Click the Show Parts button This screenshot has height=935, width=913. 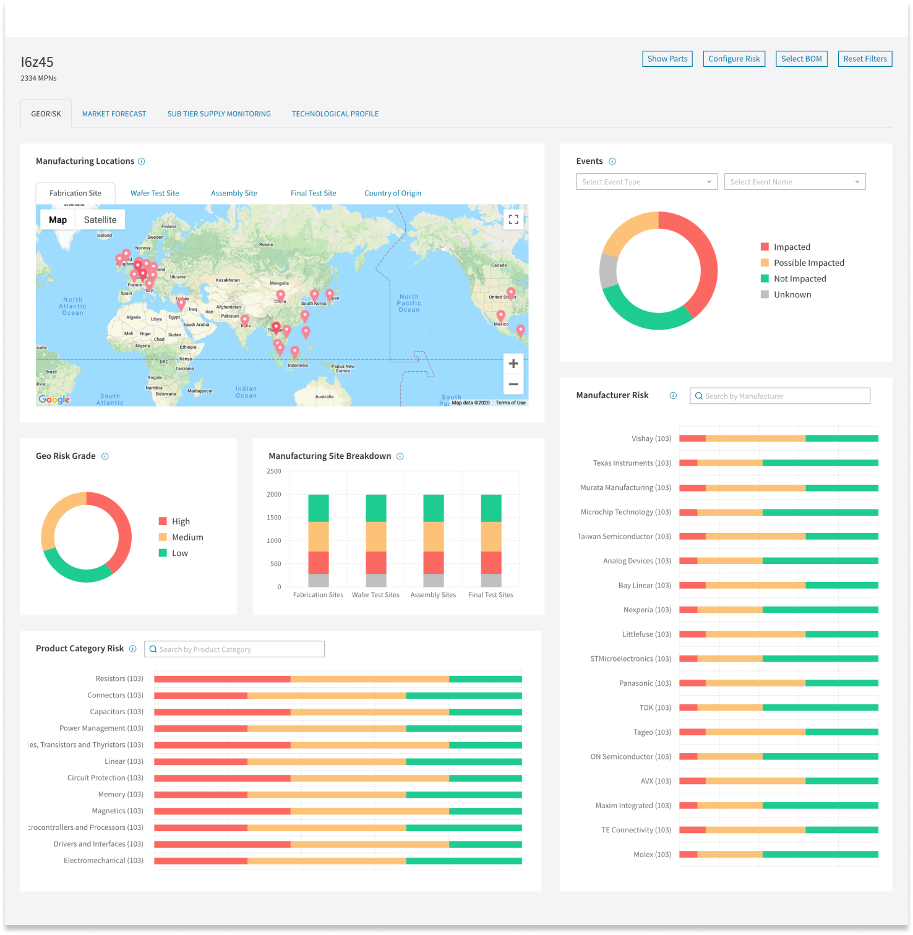coord(667,59)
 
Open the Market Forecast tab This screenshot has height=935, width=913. coord(114,114)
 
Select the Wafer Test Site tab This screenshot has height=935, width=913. coord(155,193)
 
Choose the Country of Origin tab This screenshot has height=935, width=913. coord(392,193)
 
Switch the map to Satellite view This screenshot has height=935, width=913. coord(100,220)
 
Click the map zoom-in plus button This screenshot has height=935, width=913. coord(513,364)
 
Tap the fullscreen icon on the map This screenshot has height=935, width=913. coord(513,220)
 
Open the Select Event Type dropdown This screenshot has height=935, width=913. coord(646,182)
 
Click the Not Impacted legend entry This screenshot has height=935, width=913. coord(799,279)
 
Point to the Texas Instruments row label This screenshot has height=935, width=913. coord(632,463)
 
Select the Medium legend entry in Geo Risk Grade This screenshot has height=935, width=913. coord(187,537)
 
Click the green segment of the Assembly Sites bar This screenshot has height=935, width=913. coord(433,508)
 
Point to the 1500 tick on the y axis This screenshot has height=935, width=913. coord(274,518)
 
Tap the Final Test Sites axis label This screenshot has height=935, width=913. coord(491,595)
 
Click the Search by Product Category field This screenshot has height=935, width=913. coord(235,649)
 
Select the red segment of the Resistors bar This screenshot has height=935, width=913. coord(221,679)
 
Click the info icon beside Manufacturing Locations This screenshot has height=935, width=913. coord(141,161)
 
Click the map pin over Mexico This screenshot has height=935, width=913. coord(500,317)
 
